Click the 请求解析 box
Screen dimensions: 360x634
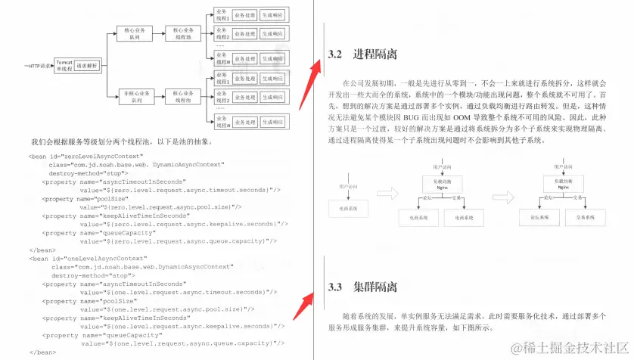click(x=87, y=67)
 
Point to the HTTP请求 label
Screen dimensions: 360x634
click(x=37, y=67)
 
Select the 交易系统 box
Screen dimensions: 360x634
click(x=586, y=218)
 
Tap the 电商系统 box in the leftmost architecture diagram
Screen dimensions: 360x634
click(x=347, y=208)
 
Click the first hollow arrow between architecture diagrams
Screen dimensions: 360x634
click(x=387, y=194)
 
